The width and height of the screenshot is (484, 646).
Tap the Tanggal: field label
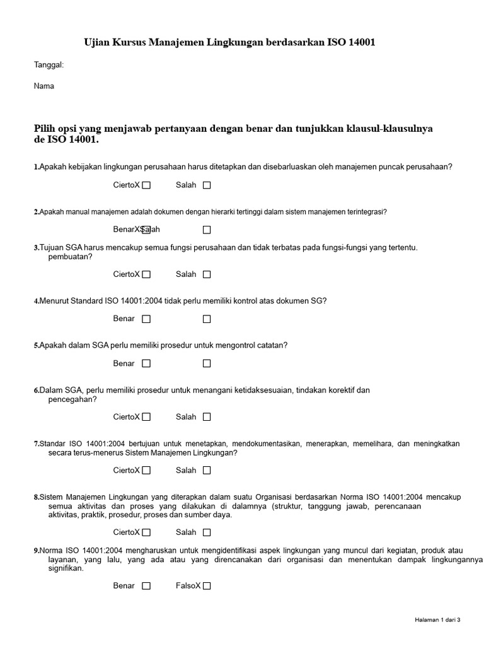point(49,64)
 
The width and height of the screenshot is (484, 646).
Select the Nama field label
point(44,86)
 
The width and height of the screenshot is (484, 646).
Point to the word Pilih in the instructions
point(45,129)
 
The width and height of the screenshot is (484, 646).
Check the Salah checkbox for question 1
point(207,185)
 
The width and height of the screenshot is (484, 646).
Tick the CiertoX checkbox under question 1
point(146,185)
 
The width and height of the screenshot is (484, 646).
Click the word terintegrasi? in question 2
point(365,212)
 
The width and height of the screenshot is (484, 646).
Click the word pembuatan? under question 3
point(70,257)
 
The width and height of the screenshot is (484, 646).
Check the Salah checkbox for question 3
point(207,274)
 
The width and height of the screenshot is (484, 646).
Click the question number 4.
point(36,302)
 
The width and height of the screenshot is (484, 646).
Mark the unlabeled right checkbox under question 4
point(207,319)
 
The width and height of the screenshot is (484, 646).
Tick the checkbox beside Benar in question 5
point(146,363)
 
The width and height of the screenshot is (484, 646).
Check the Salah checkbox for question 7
point(207,471)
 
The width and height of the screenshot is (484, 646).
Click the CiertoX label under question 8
point(126,532)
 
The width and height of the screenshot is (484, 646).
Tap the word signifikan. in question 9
point(66,568)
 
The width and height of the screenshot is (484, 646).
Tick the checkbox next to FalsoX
point(207,586)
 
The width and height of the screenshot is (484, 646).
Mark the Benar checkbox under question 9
point(146,586)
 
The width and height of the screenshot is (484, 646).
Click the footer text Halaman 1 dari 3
point(437,620)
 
